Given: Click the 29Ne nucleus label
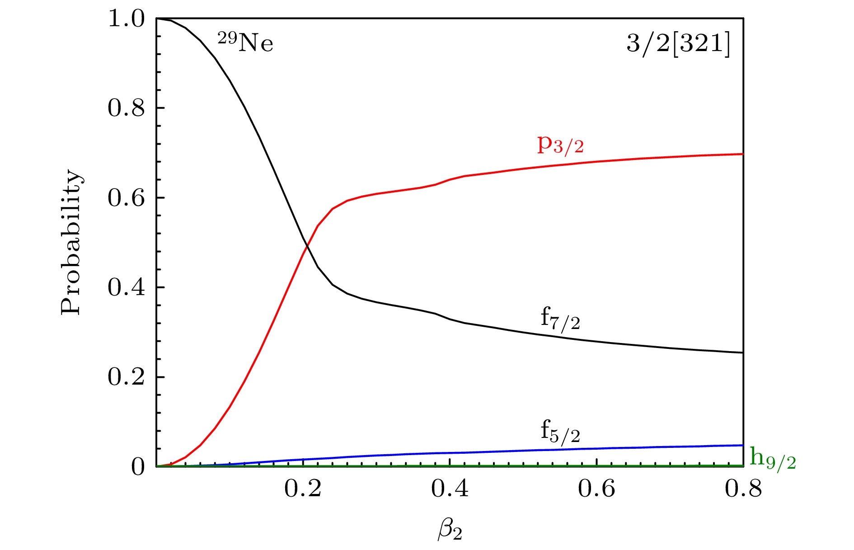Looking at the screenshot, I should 245,42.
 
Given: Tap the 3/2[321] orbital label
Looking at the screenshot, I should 678,44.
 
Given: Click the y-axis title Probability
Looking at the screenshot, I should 71,242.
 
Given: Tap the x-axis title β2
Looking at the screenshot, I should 450,530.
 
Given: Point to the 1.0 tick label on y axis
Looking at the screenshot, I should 126,20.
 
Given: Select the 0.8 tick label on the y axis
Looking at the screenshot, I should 126,108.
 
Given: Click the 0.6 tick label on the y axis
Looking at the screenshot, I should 126,198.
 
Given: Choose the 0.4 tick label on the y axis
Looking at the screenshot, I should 126,287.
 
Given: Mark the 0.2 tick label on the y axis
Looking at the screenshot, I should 126,377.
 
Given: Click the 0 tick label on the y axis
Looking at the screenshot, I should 138,466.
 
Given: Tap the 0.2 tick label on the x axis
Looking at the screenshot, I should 303,489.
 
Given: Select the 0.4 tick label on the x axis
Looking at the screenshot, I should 450,489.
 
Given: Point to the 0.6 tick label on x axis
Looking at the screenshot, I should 596,489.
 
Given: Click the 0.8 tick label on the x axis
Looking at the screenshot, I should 743,489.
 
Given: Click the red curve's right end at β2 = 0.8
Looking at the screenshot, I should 742,154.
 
